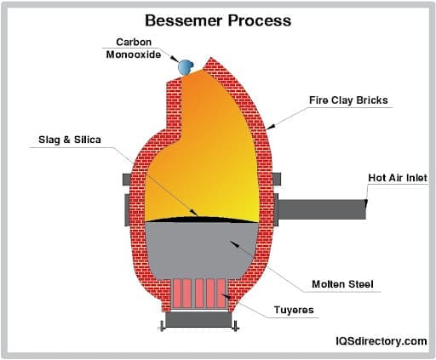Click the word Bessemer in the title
[x=181, y=19]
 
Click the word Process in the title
[x=259, y=19]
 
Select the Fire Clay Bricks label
[x=347, y=100]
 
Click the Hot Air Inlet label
[x=397, y=178]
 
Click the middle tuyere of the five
[x=199, y=294]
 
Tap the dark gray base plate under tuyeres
[x=199, y=320]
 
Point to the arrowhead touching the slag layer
[x=198, y=214]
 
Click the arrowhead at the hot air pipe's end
[x=366, y=203]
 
